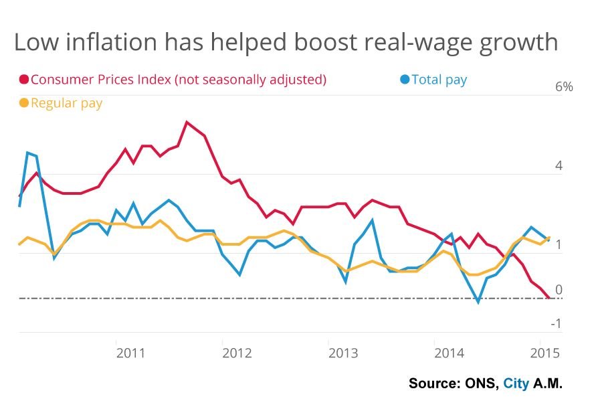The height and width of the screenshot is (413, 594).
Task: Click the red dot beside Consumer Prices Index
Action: pyautogui.click(x=24, y=80)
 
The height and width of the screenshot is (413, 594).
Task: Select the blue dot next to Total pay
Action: pyautogui.click(x=404, y=80)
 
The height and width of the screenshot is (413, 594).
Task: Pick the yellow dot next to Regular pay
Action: pyautogui.click(x=24, y=103)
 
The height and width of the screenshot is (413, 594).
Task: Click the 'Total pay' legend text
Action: pyautogui.click(x=439, y=80)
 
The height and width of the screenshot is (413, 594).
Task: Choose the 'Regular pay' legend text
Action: pyautogui.click(x=66, y=103)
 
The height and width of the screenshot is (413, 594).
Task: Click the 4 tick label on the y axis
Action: pyautogui.click(x=559, y=166)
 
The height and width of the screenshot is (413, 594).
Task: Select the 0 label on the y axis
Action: pyautogui.click(x=559, y=290)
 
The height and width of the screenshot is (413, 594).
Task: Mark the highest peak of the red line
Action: pyautogui.click(x=187, y=122)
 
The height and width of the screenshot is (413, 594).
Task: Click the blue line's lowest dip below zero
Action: pyautogui.click(x=478, y=303)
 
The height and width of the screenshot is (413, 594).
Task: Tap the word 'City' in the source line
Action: pyautogui.click(x=516, y=384)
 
